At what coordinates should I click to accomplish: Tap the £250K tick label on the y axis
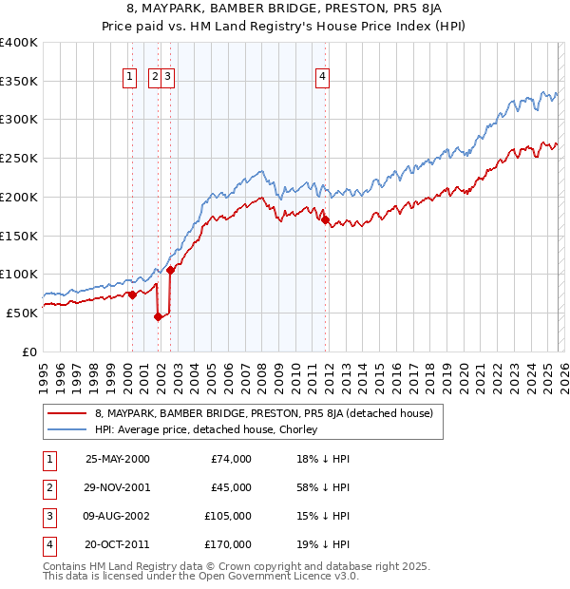pyautogui.click(x=19, y=159)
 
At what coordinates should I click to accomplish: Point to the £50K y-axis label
pyautogui.click(x=22, y=313)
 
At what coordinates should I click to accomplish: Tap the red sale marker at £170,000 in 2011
pyautogui.click(x=326, y=220)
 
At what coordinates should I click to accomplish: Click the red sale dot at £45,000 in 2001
pyautogui.click(x=159, y=317)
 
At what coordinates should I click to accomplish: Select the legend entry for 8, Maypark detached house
pyautogui.click(x=263, y=413)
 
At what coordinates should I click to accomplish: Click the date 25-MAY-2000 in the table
pyautogui.click(x=118, y=459)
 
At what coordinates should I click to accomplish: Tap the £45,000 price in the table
pyautogui.click(x=231, y=486)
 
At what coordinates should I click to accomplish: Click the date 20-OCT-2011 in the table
pyautogui.click(x=118, y=544)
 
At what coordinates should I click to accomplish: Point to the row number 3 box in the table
pyautogui.click(x=48, y=516)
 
